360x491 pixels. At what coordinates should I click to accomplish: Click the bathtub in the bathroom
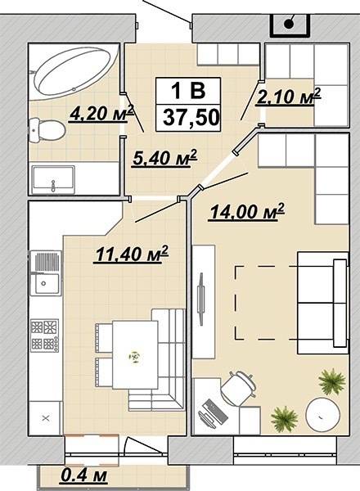(74, 72)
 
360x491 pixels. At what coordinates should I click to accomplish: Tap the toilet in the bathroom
(47, 130)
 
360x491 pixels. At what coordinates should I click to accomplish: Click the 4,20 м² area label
(101, 114)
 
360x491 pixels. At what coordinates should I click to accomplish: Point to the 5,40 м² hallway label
(164, 158)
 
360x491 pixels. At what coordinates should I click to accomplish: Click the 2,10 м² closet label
(288, 97)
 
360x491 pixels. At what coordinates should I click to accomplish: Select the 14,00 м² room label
(247, 212)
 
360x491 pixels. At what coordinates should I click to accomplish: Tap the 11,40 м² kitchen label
(132, 254)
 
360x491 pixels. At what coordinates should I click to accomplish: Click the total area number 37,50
(191, 118)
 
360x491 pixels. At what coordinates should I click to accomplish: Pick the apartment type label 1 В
(188, 90)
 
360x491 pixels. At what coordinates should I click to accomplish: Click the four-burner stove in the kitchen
(45, 335)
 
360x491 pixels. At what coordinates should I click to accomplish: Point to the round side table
(322, 414)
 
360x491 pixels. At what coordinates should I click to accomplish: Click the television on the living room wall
(200, 298)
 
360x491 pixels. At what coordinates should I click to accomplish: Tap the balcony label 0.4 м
(83, 475)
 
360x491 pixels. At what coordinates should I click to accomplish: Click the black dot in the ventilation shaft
(289, 24)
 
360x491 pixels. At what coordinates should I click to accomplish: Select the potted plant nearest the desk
(284, 419)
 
